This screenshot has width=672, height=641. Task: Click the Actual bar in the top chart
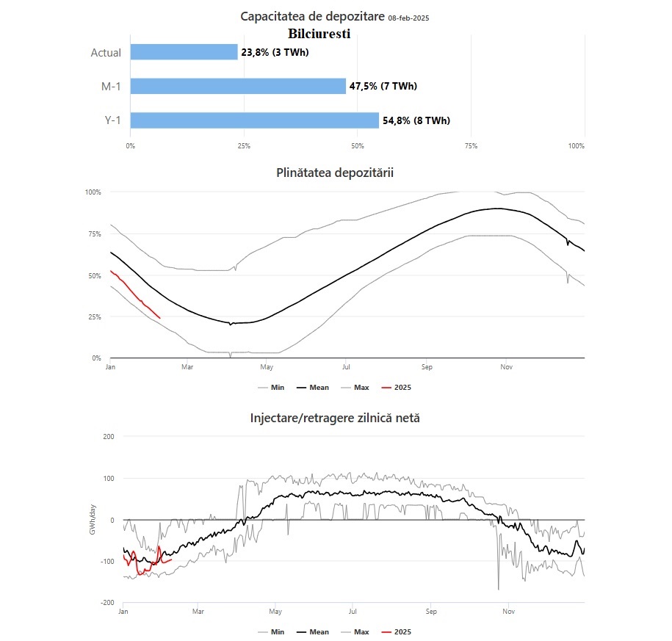point(184,52)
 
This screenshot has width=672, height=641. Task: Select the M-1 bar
point(238,86)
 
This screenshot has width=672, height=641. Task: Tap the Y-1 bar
point(255,120)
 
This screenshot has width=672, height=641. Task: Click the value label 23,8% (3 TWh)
point(275,52)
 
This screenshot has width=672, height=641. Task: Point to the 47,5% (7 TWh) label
point(383,86)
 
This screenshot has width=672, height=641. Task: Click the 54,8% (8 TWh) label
point(416,120)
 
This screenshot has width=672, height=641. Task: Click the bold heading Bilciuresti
point(319,34)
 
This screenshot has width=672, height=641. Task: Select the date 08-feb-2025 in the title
point(408,18)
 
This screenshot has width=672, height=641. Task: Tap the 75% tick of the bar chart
point(471,146)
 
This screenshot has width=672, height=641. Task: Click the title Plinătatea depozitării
point(335,173)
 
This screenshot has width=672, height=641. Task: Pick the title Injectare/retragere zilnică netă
point(335,418)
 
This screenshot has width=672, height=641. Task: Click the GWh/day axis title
point(93,519)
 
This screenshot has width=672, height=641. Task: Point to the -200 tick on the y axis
point(107,602)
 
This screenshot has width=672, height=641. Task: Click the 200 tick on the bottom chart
point(109,437)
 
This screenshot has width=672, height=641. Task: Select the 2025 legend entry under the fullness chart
point(397,388)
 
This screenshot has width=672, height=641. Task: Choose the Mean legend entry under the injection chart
point(313,632)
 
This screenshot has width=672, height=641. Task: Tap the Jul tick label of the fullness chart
point(346,367)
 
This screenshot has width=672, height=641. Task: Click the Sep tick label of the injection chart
point(431,612)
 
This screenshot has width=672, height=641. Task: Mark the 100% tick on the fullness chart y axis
point(93,192)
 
